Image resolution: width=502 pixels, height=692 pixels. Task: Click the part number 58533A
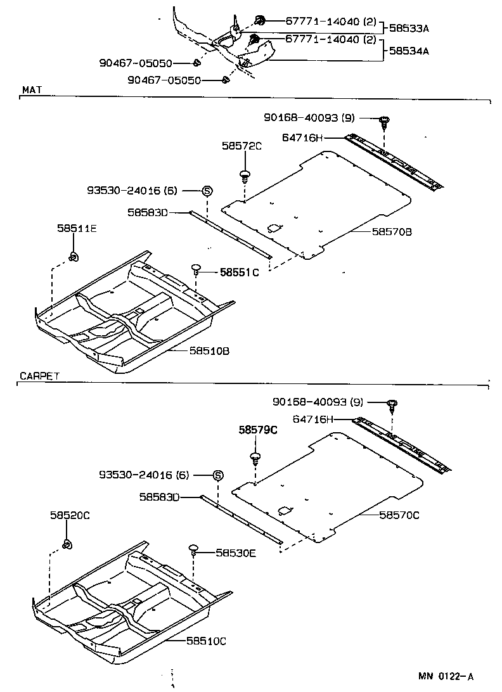coord(408,28)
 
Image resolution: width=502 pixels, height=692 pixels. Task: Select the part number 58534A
coord(408,51)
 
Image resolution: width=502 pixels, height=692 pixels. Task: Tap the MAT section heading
coord(32,90)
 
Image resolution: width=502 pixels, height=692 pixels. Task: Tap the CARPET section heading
coord(39,376)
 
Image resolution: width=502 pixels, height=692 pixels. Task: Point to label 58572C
coord(242,145)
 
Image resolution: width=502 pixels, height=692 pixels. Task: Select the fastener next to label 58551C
coord(196,269)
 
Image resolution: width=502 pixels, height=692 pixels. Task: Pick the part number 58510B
coord(209,349)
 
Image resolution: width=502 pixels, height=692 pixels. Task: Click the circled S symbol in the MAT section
coord(207,190)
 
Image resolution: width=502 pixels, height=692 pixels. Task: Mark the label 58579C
coord(258,430)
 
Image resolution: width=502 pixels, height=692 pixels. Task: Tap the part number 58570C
coord(399,515)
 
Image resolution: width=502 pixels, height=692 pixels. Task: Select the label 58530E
coord(235,553)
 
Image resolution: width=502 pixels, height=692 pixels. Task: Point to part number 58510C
coord(206,641)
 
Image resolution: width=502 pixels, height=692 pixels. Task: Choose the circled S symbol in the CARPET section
coord(217,475)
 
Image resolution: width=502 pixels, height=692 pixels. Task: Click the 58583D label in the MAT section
coord(147,212)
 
